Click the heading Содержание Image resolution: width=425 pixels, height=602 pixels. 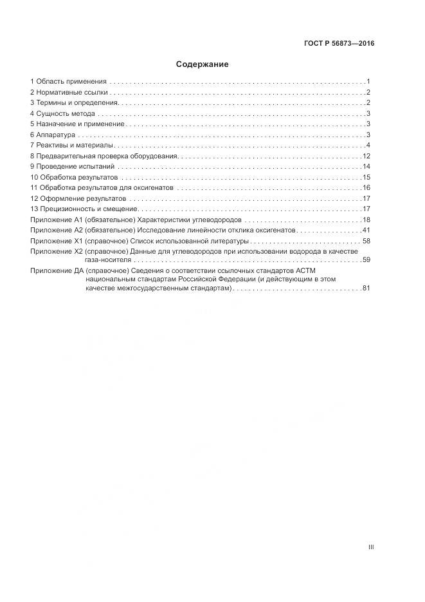pyautogui.click(x=203, y=64)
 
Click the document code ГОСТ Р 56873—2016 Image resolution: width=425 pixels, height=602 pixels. pyautogui.click(x=339, y=44)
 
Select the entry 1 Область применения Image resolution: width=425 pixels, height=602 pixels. pyautogui.click(x=68, y=82)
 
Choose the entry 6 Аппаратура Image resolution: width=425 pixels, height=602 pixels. pyautogui.click(x=53, y=135)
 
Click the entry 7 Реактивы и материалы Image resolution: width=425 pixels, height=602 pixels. pyautogui.click(x=71, y=145)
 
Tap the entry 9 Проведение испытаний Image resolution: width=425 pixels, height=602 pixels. pyautogui.click(x=71, y=166)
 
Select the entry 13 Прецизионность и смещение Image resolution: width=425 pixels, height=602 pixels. pyautogui.click(x=84, y=209)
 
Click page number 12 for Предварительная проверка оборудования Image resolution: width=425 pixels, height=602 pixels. pyautogui.click(x=366, y=156)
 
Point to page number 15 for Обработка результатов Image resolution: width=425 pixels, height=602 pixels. pyautogui.click(x=366, y=177)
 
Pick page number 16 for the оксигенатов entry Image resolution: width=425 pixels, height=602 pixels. pyautogui.click(x=366, y=187)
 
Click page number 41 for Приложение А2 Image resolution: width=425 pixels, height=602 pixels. pyautogui.click(x=366, y=230)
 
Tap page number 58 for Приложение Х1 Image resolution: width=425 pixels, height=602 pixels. pyautogui.click(x=366, y=240)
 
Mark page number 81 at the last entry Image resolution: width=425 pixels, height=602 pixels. pyautogui.click(x=366, y=288)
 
